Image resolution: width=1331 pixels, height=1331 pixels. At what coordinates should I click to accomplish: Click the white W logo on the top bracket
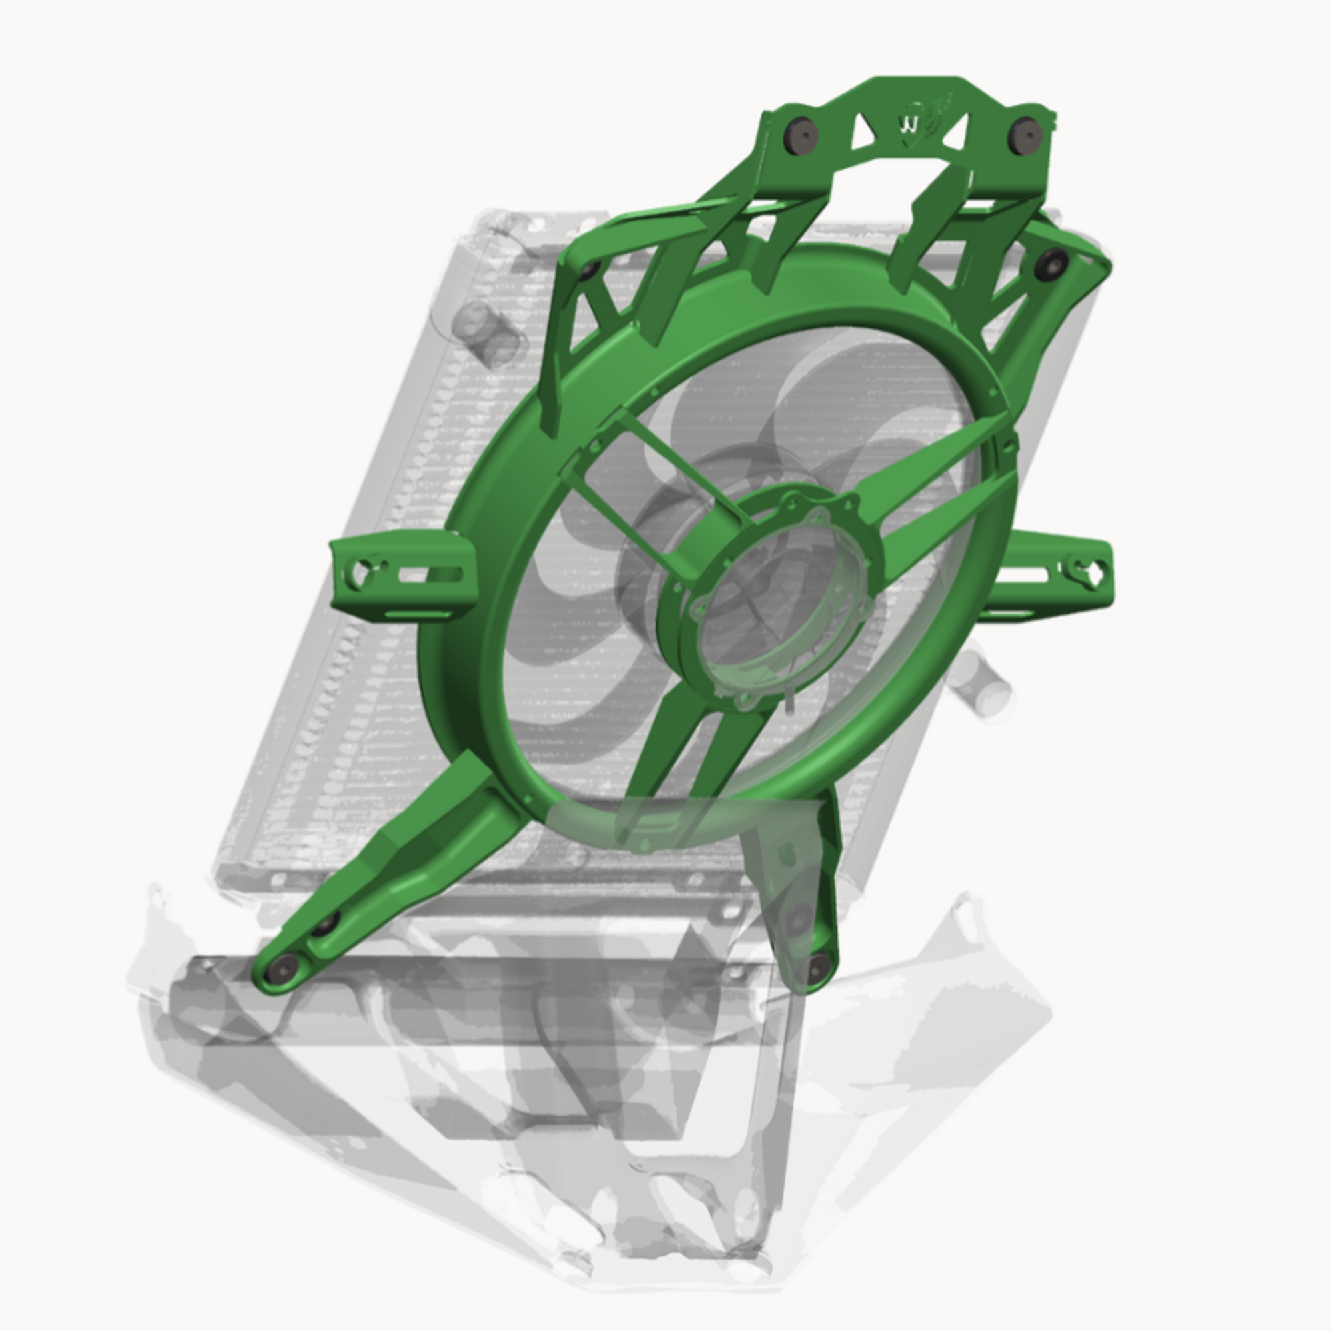coord(909,125)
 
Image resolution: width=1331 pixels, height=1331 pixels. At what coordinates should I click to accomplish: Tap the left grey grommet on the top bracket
coord(801,133)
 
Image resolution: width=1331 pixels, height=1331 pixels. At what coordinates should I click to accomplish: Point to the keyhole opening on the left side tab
coord(361,572)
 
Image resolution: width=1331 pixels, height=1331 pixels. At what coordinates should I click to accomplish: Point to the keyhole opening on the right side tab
coord(1090,570)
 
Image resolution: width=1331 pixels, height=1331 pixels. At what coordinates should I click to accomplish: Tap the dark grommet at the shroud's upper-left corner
coord(588,270)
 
